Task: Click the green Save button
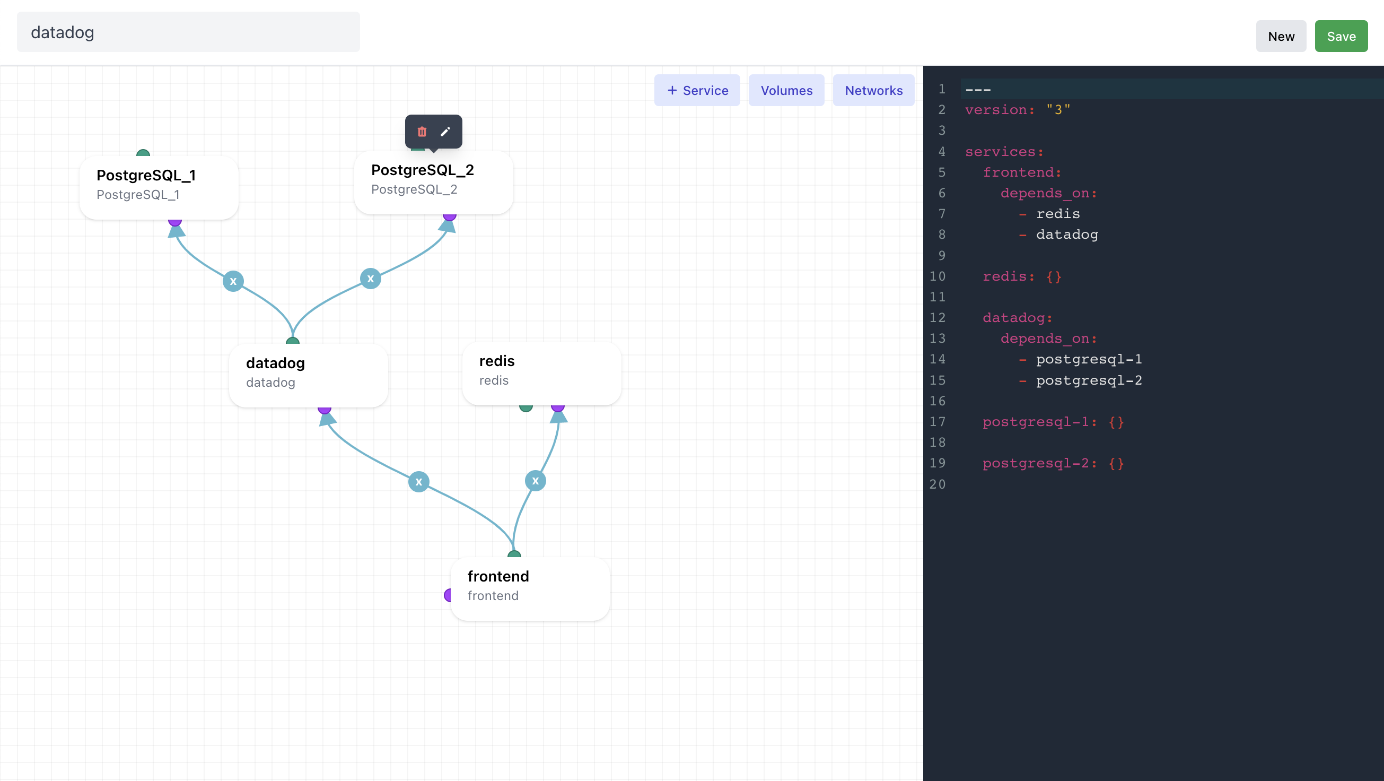(1341, 36)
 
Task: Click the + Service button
(697, 90)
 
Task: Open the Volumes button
(786, 90)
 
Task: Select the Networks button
(873, 90)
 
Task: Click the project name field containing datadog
(188, 32)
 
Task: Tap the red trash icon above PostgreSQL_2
(422, 132)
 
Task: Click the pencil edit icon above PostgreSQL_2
(445, 132)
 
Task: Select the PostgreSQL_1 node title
(146, 175)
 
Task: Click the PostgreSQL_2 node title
(422, 170)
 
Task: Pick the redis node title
(496, 361)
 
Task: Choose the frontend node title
(498, 576)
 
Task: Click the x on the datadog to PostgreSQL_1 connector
(233, 281)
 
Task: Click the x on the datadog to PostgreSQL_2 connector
(370, 279)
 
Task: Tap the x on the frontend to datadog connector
(418, 482)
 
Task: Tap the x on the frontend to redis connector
(535, 481)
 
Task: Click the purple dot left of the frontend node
(448, 595)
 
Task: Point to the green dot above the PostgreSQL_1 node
(143, 153)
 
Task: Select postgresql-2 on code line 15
(1089, 380)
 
